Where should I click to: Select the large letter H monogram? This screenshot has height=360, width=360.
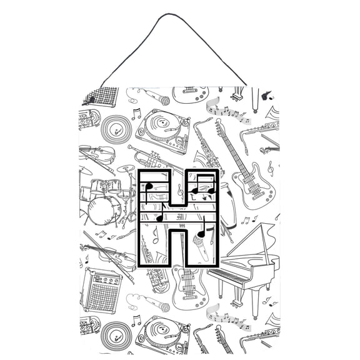(179, 219)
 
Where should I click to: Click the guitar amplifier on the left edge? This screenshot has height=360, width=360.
(101, 290)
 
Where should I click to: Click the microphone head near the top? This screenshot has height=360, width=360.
(164, 100)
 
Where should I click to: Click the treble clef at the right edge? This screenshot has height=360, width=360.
(270, 167)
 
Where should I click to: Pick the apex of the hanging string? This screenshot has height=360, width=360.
(181, 16)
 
